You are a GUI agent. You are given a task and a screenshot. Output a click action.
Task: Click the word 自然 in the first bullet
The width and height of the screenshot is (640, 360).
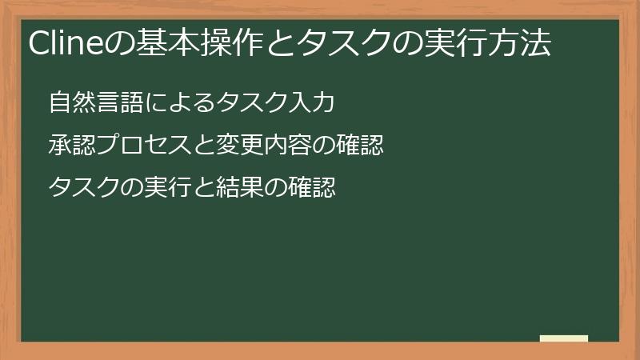point(70,103)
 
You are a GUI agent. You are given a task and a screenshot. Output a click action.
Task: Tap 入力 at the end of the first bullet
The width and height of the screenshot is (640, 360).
point(309,103)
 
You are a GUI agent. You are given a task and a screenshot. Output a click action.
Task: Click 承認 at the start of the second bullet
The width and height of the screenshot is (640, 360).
point(70,146)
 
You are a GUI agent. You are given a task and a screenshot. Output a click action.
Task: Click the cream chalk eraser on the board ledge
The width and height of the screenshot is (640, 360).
point(564,339)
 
